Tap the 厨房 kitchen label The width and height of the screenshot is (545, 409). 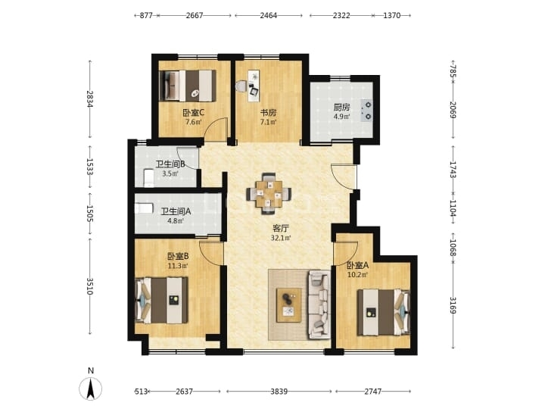point(341,107)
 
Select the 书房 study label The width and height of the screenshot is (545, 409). point(268,113)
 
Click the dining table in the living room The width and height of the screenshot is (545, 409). point(269,194)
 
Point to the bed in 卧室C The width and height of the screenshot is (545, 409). point(188,86)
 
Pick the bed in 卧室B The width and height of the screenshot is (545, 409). point(161,300)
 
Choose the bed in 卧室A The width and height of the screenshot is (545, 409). point(384,312)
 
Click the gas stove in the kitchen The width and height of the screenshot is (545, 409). point(367,111)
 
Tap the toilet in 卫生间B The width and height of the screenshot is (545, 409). point(149,177)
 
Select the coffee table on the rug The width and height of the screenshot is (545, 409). point(289,305)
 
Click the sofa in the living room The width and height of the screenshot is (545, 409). point(319,304)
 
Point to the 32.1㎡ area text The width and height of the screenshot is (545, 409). point(281,238)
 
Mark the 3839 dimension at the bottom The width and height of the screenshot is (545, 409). point(279,392)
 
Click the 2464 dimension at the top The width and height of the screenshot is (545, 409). point(268,15)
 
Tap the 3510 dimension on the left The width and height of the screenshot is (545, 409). point(89,286)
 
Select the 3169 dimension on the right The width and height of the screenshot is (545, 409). point(453,304)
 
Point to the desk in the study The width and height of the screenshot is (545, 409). point(254,86)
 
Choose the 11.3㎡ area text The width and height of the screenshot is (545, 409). point(178,266)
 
